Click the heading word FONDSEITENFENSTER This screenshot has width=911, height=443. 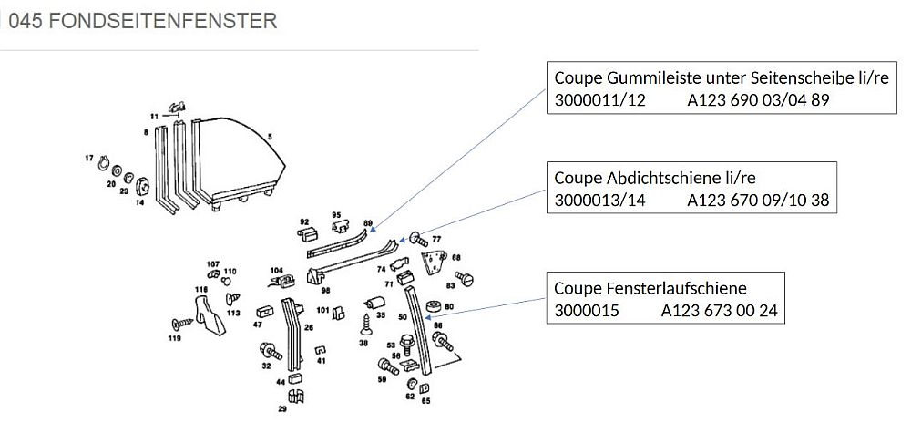click(163, 20)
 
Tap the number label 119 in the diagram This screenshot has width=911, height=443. click(176, 338)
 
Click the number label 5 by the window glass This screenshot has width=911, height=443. click(270, 136)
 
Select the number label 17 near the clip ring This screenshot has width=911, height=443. click(90, 159)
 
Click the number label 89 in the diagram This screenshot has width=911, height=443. click(368, 223)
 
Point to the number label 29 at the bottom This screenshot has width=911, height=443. click(282, 409)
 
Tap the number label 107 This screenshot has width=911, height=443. click(212, 263)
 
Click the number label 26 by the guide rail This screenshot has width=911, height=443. click(309, 326)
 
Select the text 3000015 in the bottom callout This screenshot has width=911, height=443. click(586, 311)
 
